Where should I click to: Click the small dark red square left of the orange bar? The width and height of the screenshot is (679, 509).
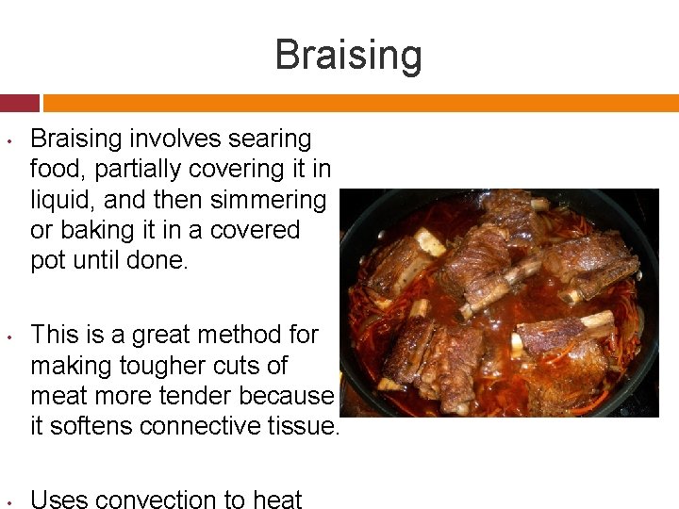(x=20, y=103)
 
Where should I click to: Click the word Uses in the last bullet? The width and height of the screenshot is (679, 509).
(x=59, y=500)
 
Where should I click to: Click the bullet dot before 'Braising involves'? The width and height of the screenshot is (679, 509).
(x=8, y=141)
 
